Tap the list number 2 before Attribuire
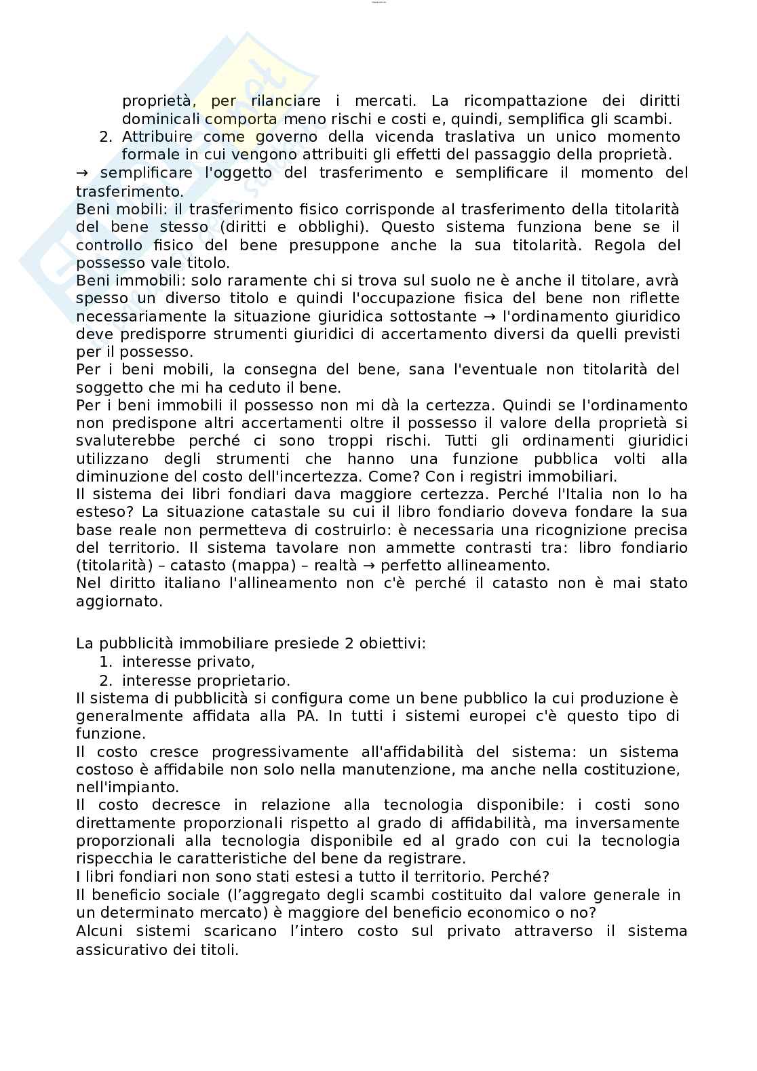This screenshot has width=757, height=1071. [x=105, y=137]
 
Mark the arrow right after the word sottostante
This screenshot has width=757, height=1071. [x=490, y=317]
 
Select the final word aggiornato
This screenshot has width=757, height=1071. [x=119, y=601]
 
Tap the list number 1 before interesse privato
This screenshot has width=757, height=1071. [x=105, y=662]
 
